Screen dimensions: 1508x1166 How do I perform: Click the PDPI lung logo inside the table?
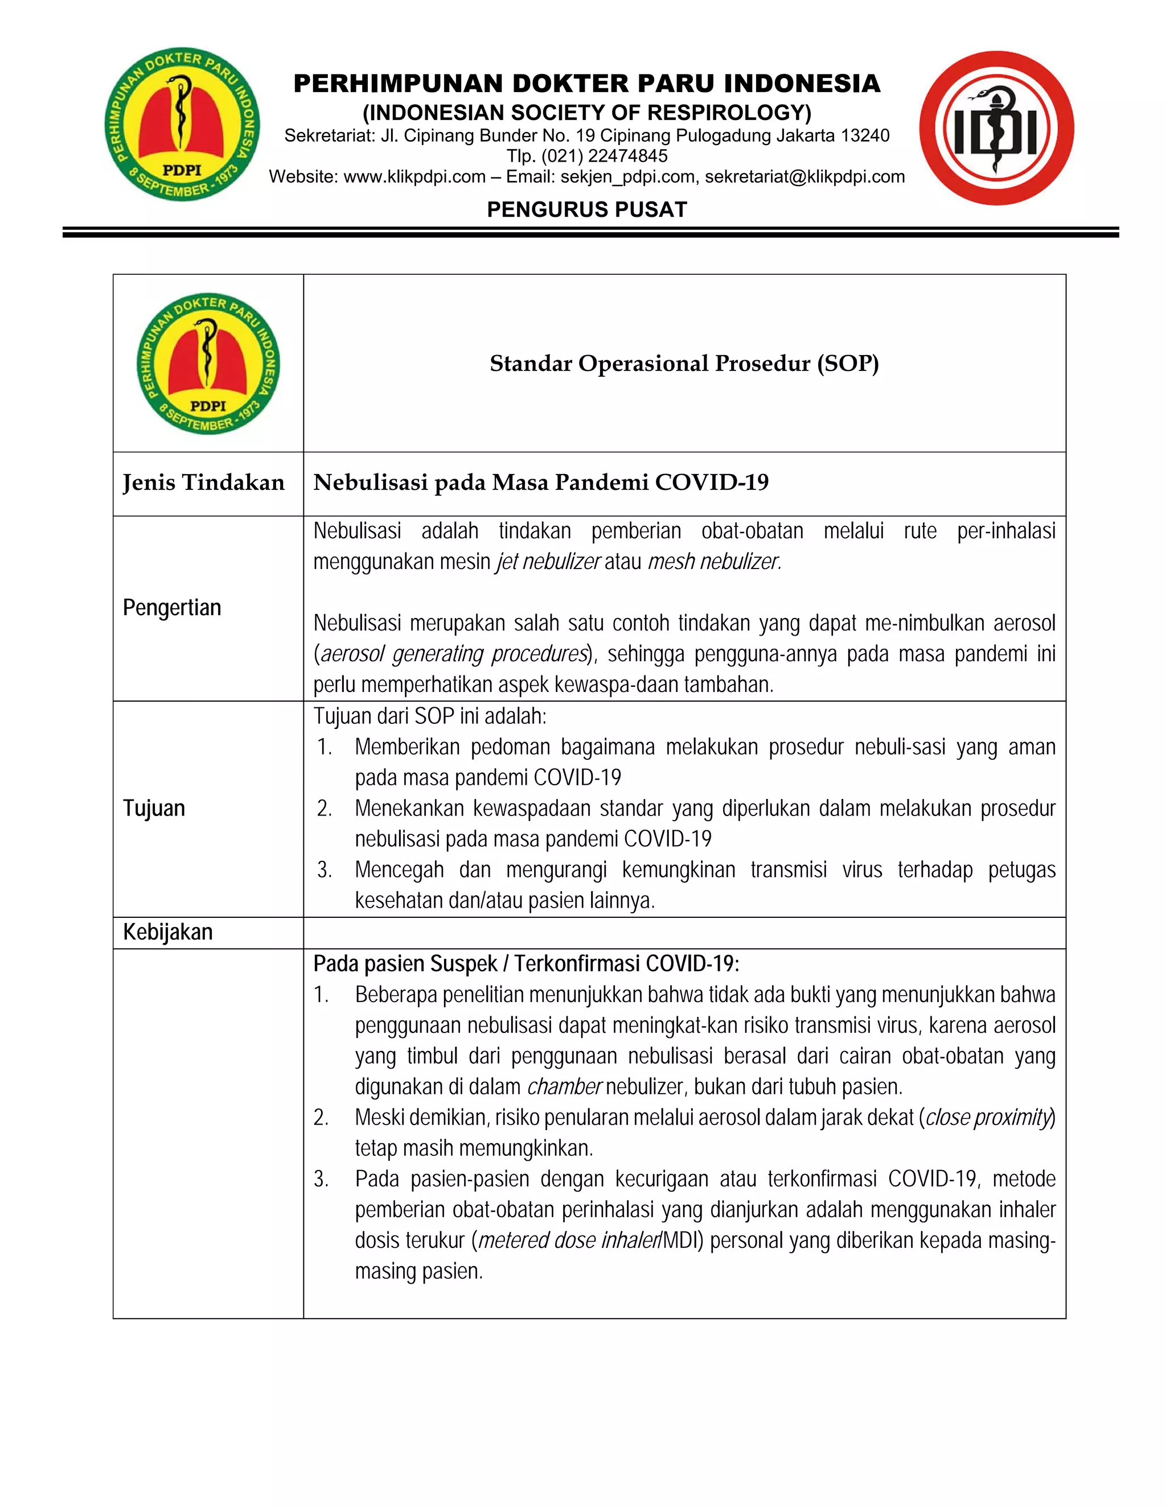208,364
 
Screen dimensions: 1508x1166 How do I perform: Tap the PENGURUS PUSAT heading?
586,209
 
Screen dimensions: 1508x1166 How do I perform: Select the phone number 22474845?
629,156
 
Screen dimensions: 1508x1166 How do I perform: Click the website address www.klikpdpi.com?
414,177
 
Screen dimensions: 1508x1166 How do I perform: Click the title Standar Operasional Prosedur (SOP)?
684,363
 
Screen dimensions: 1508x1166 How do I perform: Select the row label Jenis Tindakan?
204,483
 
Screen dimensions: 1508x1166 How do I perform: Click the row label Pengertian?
172,608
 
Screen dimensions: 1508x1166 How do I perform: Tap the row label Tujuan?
154,808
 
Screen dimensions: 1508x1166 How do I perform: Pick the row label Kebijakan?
168,932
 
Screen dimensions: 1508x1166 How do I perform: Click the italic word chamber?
564,1087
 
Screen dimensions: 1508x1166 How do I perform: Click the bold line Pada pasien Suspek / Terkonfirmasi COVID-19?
527,964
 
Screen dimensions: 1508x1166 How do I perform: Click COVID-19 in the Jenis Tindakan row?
712,483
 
